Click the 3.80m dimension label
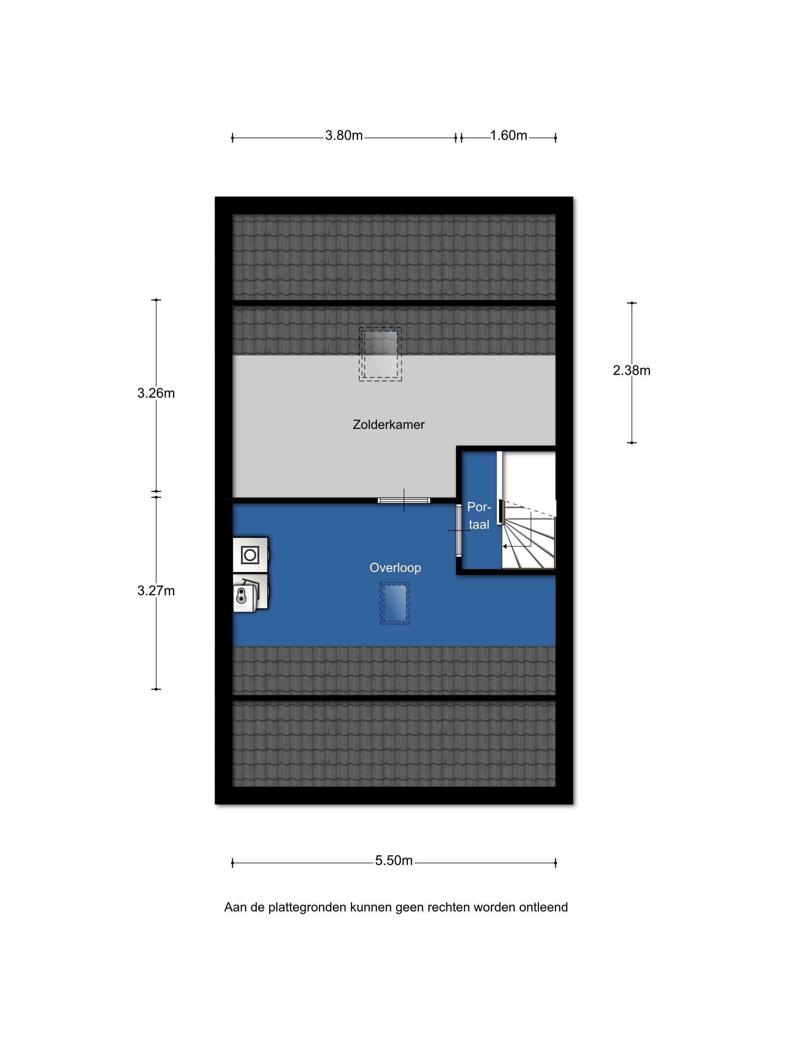pos(343,136)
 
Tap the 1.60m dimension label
pos(509,136)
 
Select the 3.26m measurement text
pos(156,393)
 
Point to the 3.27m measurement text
pos(156,591)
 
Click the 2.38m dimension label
pos(631,371)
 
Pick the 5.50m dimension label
pos(394,861)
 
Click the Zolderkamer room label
pos(389,424)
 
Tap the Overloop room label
pos(395,568)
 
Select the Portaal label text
pos(479,516)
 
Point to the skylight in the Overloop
pos(394,603)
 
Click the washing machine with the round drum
pos(250,555)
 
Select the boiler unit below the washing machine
pos(250,592)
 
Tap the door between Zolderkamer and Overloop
pos(404,500)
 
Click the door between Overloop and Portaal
pos(458,530)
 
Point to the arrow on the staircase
pos(516,546)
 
